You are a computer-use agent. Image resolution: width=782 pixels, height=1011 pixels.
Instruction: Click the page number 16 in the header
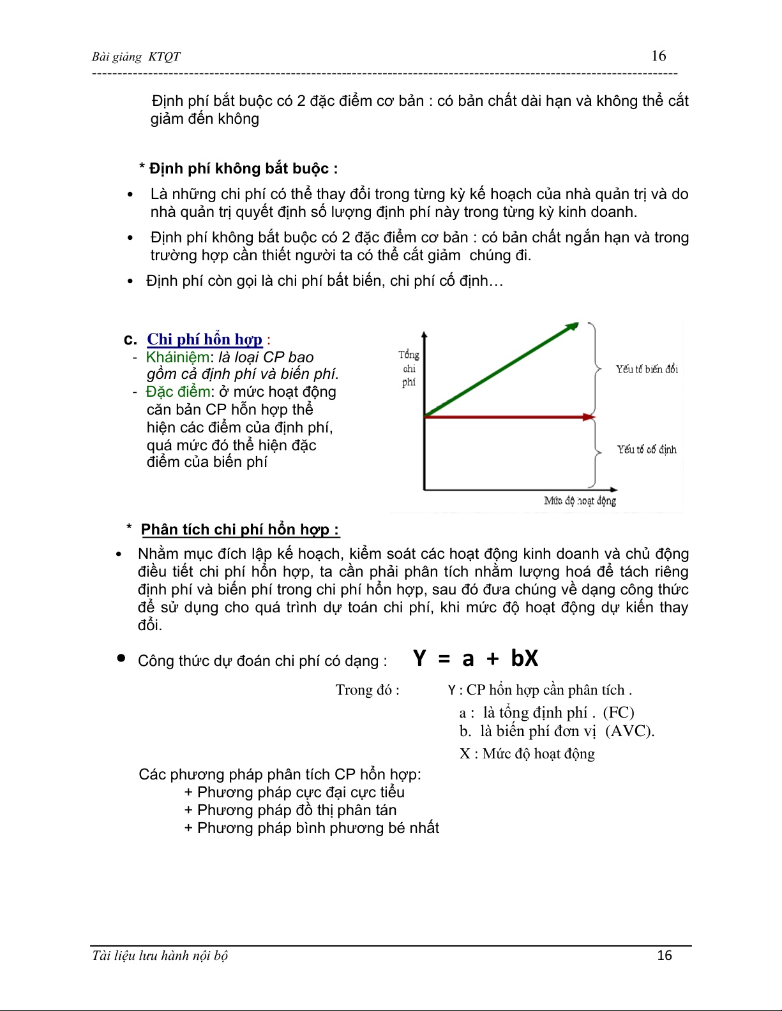(658, 56)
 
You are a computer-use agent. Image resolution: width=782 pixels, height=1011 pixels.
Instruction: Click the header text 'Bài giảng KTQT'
(136, 57)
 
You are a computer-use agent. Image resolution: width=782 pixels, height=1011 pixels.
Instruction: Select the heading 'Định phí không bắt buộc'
(239, 168)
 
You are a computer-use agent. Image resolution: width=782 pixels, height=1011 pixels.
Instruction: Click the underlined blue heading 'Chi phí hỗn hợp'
(204, 339)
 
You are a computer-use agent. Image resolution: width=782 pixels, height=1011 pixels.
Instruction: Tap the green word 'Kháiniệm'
(177, 357)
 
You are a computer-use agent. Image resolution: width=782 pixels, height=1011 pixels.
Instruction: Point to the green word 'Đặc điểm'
(178, 392)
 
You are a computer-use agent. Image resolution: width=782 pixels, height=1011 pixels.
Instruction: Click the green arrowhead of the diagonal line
(573, 327)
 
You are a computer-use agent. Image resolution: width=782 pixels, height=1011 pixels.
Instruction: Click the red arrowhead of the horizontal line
(589, 417)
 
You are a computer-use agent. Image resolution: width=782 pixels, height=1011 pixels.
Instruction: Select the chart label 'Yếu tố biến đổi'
(646, 369)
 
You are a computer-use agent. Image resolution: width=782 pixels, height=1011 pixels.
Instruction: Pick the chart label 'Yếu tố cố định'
(646, 450)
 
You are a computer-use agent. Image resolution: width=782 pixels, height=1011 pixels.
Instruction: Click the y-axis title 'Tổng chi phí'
(409, 368)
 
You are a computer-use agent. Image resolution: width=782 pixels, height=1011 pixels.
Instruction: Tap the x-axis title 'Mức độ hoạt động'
(580, 501)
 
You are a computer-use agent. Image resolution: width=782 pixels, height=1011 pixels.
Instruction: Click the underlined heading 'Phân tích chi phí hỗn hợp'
(239, 529)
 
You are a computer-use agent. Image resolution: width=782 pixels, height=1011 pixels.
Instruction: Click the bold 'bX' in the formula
(524, 658)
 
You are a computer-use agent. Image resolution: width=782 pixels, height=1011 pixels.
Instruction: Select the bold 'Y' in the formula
(419, 658)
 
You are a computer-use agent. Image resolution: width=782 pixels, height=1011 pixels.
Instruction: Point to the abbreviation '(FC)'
(618, 712)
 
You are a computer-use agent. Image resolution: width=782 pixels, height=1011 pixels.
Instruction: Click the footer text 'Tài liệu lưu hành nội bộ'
(160, 956)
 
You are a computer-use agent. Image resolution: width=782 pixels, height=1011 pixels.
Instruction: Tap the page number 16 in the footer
(665, 956)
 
